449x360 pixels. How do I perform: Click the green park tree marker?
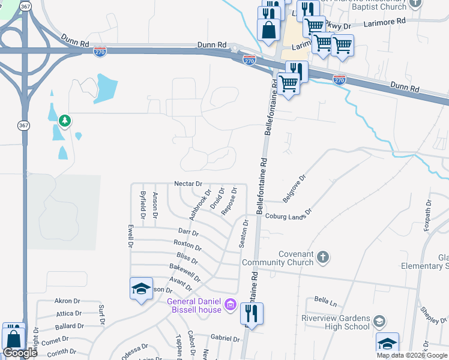pos(65,121)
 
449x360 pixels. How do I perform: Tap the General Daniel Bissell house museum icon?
pos(229,305)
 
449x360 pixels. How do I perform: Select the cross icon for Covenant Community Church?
pos(323,257)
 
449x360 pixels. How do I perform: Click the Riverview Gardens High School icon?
pos(379,322)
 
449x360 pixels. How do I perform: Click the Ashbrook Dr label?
pos(201,205)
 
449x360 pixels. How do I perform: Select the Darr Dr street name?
pos(188,231)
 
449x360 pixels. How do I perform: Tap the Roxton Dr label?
pos(187,245)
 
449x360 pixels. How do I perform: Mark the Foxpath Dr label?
pos(427,215)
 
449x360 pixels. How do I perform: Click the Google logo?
pos(20,353)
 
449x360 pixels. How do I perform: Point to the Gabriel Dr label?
pos(226,338)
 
